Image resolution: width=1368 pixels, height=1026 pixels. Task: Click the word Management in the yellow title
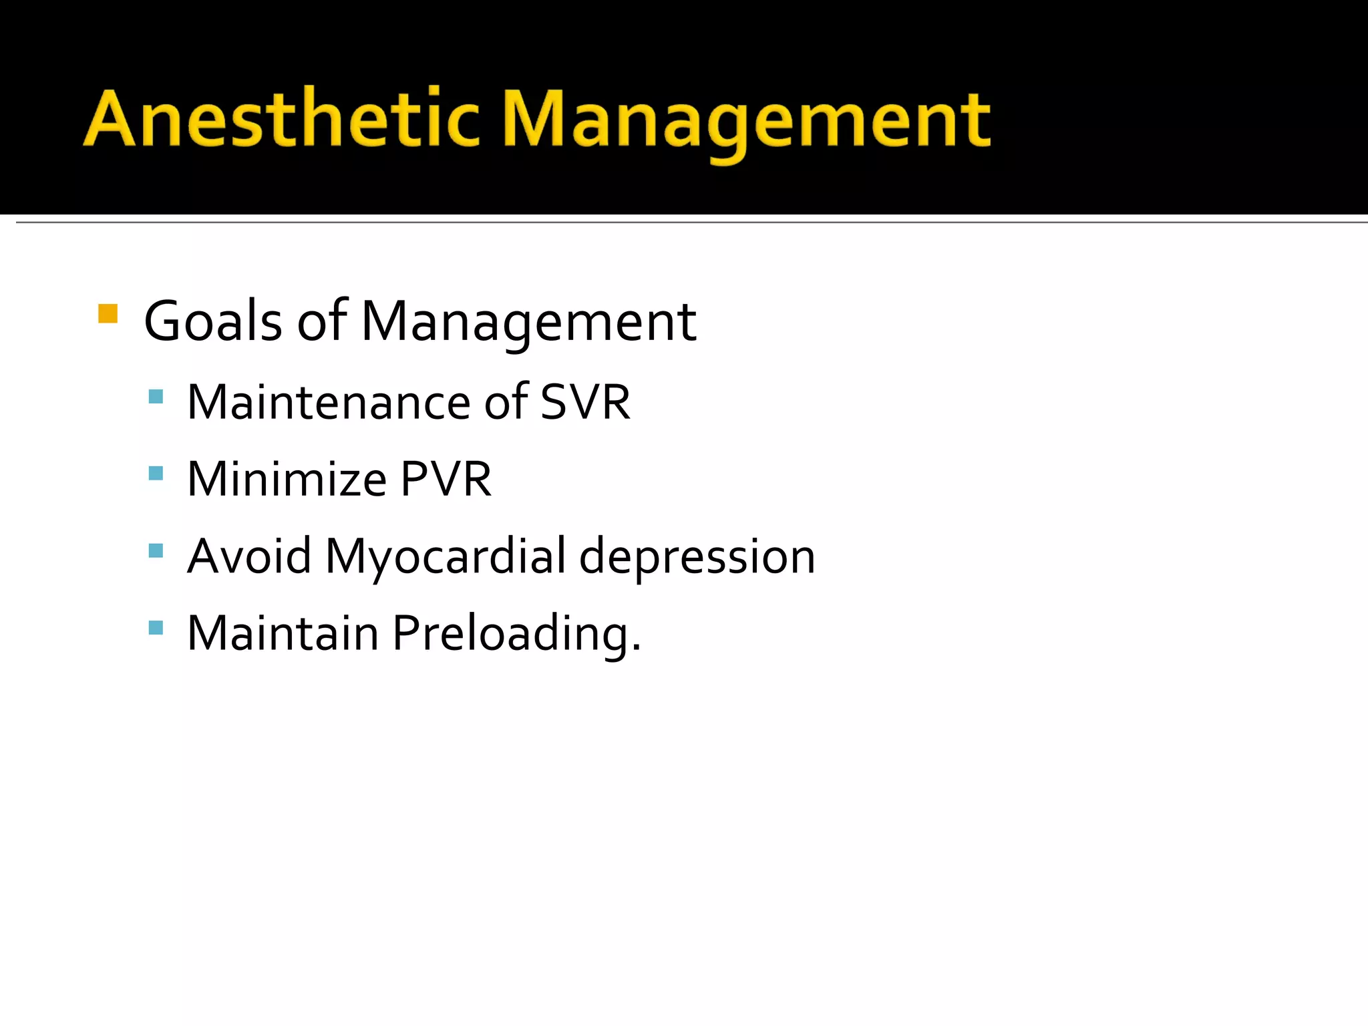coord(746,120)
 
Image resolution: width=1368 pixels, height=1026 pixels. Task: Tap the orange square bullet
coord(108,313)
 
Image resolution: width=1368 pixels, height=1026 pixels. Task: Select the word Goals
coord(213,321)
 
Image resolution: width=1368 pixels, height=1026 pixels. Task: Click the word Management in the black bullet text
coord(528,323)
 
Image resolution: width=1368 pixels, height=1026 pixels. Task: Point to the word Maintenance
coord(329,402)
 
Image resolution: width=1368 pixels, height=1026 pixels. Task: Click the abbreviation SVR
coord(585,402)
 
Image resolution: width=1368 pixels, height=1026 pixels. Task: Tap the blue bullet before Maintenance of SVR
coord(156,397)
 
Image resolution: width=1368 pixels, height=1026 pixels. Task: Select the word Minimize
coord(287,479)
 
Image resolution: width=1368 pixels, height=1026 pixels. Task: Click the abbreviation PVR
coord(446,479)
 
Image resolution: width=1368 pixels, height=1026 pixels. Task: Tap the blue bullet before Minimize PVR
coord(156,474)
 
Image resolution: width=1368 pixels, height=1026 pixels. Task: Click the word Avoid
coord(249,556)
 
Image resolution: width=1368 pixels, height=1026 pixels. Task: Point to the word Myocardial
coord(446,557)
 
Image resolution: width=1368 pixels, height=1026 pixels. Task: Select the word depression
coord(697,557)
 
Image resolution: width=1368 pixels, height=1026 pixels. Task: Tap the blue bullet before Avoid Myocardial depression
coord(156,550)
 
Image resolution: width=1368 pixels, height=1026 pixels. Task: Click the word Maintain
coord(283,633)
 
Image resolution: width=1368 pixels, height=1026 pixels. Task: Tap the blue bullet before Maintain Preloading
coord(156,627)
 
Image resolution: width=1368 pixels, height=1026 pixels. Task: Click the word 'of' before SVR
coord(506,402)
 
